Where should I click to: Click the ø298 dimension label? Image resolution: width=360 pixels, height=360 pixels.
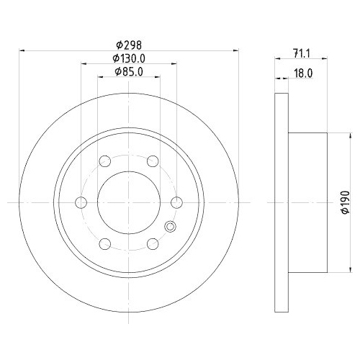coord(129,45)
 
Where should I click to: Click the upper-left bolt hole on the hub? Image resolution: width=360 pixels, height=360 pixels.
coord(104,161)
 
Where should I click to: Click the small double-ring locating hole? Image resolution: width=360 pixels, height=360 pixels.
coord(171,226)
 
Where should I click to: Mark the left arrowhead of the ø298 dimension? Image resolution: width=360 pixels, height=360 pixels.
coord(22,50)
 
